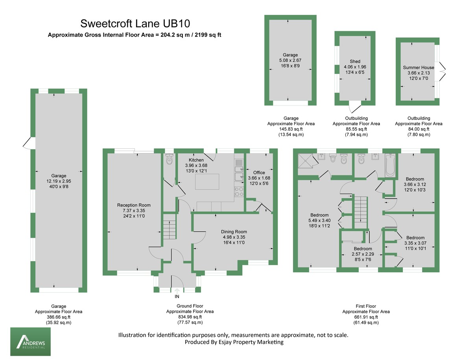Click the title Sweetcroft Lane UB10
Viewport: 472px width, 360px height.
point(137,24)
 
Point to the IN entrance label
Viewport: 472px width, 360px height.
point(177,296)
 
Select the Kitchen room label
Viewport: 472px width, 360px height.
point(196,160)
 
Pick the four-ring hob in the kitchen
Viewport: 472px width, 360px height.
point(239,192)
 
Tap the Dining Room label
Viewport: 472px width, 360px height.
point(234,232)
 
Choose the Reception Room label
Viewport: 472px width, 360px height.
point(134,205)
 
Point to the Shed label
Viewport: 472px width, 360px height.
point(355,61)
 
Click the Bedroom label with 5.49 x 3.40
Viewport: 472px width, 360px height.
point(319,215)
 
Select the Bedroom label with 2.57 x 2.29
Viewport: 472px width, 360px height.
point(362,249)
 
